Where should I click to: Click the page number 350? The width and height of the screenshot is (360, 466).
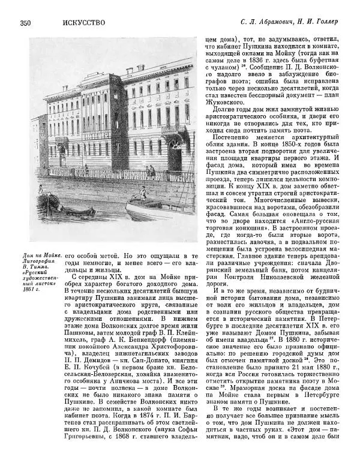[25, 23]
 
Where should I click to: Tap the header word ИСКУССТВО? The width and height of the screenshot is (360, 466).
[83, 23]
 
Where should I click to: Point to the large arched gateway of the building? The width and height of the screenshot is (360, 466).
[176, 157]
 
